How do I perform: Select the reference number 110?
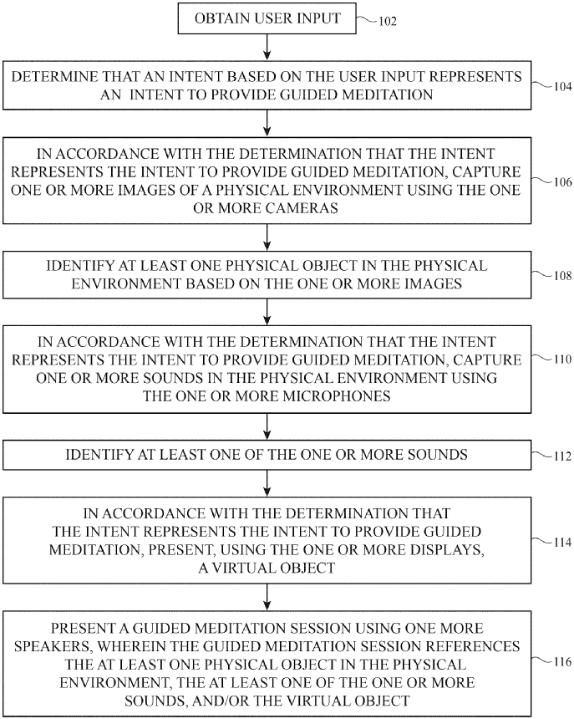[561, 360]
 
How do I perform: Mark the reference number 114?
[561, 543]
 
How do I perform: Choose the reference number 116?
[561, 662]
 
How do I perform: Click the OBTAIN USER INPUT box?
[267, 18]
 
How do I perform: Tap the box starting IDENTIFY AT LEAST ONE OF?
[267, 455]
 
